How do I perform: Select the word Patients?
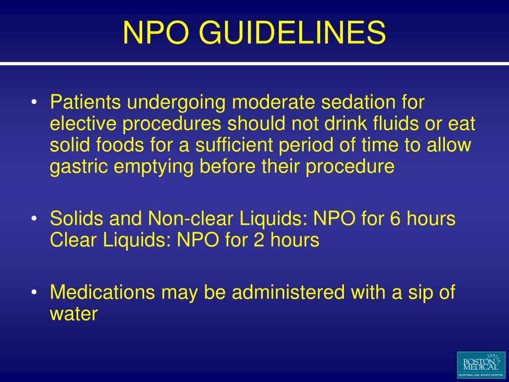tap(85, 103)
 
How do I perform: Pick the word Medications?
tap(102, 292)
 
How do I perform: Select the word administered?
tap(289, 292)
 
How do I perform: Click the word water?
tap(74, 314)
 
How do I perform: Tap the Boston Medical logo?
tap(480, 365)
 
